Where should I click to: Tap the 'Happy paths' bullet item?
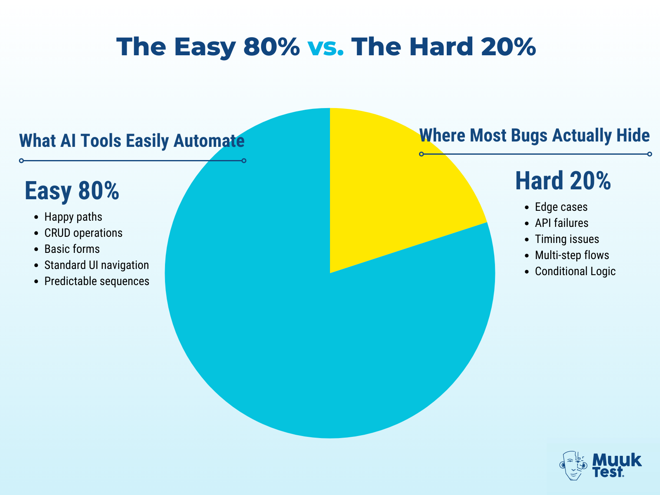pos(73,217)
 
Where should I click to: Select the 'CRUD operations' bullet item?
pos(83,233)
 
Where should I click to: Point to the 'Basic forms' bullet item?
pos(72,249)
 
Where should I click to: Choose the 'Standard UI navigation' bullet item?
pos(97,265)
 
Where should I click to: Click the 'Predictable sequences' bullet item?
pos(97,281)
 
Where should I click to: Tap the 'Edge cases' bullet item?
pos(561,207)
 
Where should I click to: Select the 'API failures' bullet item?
pos(561,223)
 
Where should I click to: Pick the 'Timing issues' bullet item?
pos(567,239)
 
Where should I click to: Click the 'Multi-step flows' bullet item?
pos(572,255)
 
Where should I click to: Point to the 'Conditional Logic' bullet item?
pos(575,271)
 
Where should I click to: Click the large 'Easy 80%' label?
pos(72,191)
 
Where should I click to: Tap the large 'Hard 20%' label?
pos(563,181)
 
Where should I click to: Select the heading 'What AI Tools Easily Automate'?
pos(132,141)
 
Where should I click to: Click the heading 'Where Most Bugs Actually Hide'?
pos(534,135)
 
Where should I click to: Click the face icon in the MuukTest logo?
pos(573,465)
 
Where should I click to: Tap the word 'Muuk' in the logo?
pos(617,460)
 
